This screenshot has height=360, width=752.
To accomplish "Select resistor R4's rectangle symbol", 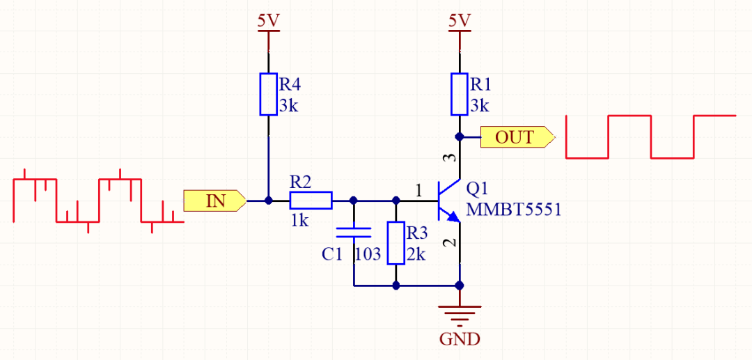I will point(269,93).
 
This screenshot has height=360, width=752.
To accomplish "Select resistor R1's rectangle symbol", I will point(459,93).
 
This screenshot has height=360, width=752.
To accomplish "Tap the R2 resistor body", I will point(311,201).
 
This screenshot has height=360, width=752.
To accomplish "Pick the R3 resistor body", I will point(396,243).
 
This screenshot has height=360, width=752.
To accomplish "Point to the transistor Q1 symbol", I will point(446,202).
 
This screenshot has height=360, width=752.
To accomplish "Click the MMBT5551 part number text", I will point(514,210).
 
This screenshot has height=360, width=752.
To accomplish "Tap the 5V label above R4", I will point(269,21).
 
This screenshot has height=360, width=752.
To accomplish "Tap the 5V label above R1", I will point(459,21).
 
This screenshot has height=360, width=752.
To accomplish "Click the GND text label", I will point(460,340).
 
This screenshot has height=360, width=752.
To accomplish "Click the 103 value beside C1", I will point(368,254).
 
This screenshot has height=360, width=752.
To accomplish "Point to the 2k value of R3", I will point(416,254).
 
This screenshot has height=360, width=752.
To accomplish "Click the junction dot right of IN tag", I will point(269,201).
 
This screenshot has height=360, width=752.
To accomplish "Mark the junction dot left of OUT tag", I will point(459,136).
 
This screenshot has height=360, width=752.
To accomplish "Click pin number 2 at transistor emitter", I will point(449,244).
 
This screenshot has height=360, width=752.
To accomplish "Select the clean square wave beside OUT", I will point(651,136).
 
